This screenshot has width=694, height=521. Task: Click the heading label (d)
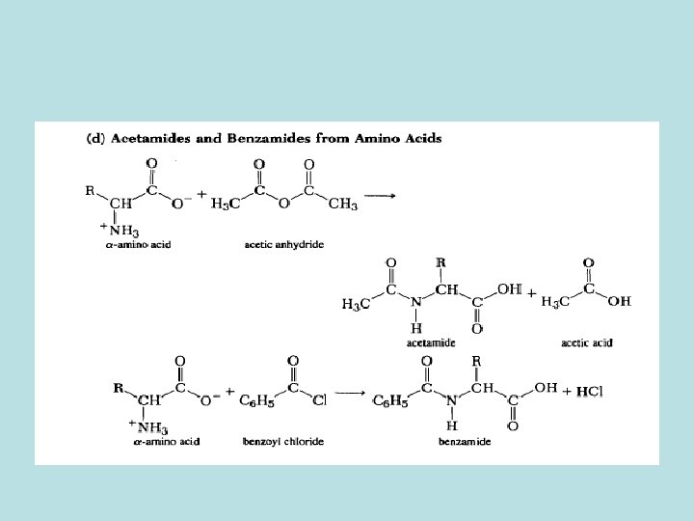pyautogui.click(x=95, y=138)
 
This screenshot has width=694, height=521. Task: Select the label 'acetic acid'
pyautogui.click(x=587, y=342)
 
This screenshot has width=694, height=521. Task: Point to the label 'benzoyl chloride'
pyautogui.click(x=282, y=441)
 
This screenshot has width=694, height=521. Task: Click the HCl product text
pyautogui.click(x=583, y=391)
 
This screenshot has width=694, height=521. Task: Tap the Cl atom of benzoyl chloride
pyautogui.click(x=320, y=400)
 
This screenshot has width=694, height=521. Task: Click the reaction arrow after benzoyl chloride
pyautogui.click(x=354, y=395)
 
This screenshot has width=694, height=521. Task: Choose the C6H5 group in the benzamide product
pyautogui.click(x=390, y=401)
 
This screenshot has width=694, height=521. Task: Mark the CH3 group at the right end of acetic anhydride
pyautogui.click(x=342, y=205)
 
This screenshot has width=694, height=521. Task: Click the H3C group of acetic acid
pyautogui.click(x=555, y=302)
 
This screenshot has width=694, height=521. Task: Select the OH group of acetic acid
pyautogui.click(x=619, y=301)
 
